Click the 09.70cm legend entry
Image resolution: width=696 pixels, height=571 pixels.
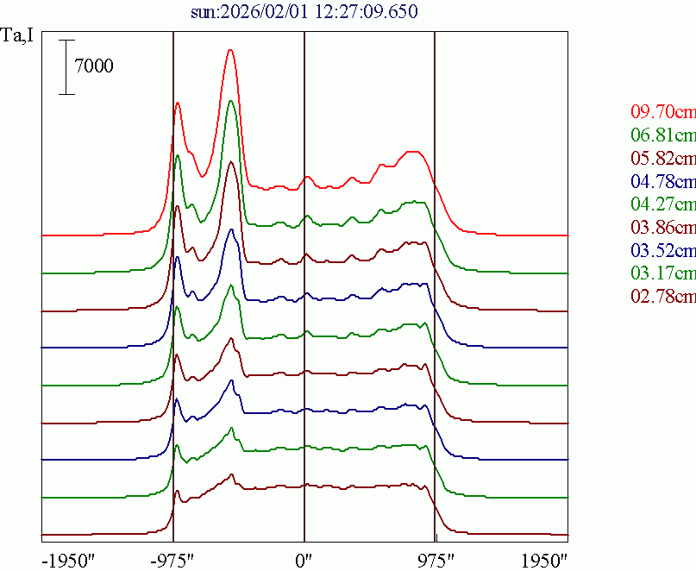pyautogui.click(x=662, y=112)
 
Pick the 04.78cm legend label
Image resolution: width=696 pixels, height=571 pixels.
pyautogui.click(x=662, y=181)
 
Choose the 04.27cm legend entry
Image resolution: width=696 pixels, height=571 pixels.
pyautogui.click(x=662, y=204)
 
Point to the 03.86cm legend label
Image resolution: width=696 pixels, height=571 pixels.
pyautogui.click(x=662, y=228)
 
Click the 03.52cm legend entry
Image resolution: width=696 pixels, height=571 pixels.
pyautogui.click(x=662, y=251)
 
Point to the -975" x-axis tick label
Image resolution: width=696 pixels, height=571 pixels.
pyautogui.click(x=173, y=560)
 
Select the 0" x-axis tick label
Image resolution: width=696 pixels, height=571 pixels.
pyautogui.click(x=304, y=560)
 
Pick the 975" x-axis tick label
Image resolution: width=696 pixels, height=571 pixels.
pyautogui.click(x=436, y=560)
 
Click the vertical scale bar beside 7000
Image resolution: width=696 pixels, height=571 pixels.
pyautogui.click(x=66, y=66)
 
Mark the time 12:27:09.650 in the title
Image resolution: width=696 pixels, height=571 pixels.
pyautogui.click(x=339, y=12)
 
